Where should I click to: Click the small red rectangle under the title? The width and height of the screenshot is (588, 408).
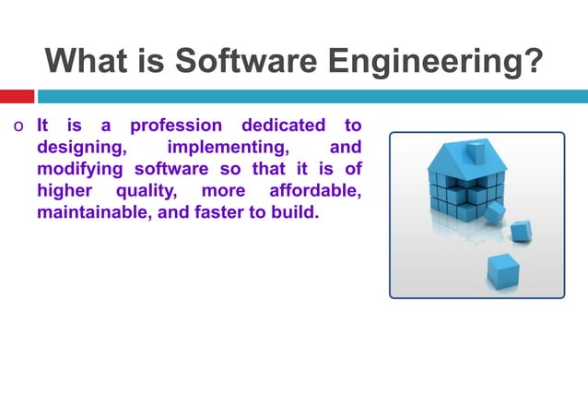(17, 96)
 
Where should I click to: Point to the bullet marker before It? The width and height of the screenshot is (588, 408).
(18, 126)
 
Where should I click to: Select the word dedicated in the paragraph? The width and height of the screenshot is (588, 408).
(283, 125)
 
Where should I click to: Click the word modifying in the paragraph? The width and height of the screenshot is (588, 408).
(81, 170)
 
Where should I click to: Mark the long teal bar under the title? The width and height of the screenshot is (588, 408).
(312, 96)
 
